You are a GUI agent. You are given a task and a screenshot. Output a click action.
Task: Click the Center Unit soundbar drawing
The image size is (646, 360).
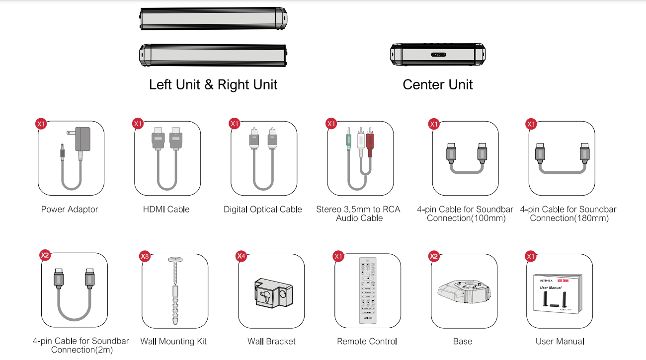coord(438,55)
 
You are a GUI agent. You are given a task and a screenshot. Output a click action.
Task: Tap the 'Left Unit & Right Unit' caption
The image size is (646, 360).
coord(213,84)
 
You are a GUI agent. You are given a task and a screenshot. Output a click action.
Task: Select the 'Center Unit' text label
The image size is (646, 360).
coord(438,84)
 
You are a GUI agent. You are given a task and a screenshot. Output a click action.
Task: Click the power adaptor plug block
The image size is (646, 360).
coord(82,139)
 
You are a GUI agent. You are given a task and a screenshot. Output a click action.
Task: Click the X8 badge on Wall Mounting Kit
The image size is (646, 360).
coord(145,256)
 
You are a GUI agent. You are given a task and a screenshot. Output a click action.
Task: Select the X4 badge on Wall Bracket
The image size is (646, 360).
coord(241,256)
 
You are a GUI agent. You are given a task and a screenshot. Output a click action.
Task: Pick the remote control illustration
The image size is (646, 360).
coord(368,291)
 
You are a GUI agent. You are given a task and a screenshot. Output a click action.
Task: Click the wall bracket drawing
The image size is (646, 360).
coord(271,293)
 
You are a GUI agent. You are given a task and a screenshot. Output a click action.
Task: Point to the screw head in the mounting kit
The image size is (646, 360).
coord(175,259)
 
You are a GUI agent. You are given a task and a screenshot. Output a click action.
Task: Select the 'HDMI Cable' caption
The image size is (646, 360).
coord(166,210)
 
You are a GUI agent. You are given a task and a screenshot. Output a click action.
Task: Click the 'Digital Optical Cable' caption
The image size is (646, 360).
coord(263,210)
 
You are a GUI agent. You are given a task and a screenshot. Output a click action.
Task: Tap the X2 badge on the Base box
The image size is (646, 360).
coord(434,256)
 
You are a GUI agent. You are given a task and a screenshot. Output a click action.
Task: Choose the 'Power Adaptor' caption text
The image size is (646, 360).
coord(70,210)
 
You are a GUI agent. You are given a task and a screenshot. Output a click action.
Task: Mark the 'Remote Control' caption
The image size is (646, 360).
coord(367,342)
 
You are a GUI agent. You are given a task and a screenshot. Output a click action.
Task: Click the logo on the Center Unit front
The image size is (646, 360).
coord(438,55)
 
